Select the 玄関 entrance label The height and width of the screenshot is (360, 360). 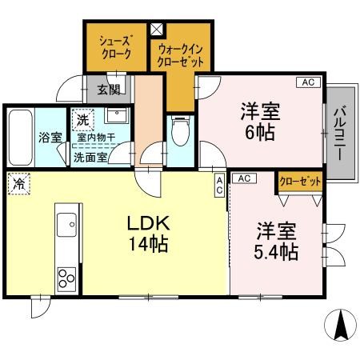(x=109, y=90)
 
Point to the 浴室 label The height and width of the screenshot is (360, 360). (x=50, y=137)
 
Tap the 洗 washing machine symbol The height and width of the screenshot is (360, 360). (x=82, y=120)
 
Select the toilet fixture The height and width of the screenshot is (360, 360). (x=180, y=129)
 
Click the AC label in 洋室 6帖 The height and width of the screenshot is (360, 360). (x=308, y=81)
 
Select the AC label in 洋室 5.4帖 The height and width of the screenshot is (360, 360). (x=245, y=178)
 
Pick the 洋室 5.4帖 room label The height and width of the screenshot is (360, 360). (x=277, y=242)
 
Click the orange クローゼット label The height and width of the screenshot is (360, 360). (x=301, y=182)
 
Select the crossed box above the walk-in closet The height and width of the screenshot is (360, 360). (x=157, y=28)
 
